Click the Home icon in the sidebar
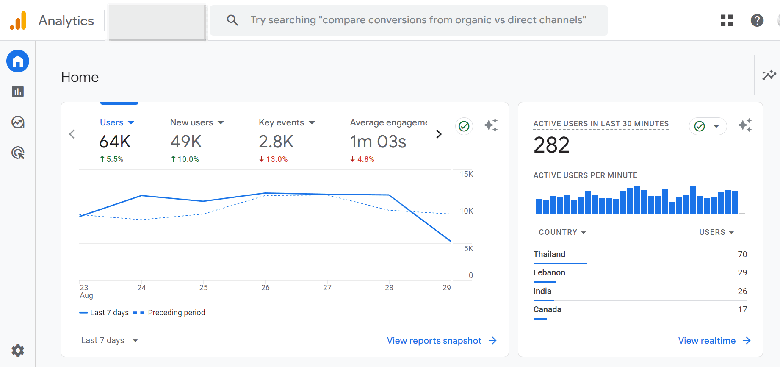[x=18, y=61]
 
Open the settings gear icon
[x=18, y=350]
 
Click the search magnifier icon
[x=232, y=20]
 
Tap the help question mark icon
[x=757, y=20]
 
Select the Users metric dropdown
[x=116, y=122]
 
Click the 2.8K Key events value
[x=276, y=142]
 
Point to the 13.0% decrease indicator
[x=274, y=159]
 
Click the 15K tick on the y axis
[x=466, y=174]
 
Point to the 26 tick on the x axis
[x=265, y=288]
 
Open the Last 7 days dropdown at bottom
[x=109, y=340]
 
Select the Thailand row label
[x=549, y=254]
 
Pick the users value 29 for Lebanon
[x=742, y=272]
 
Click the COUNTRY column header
[x=562, y=232]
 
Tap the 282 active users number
[x=551, y=145]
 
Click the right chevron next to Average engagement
[x=439, y=134]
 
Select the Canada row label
[x=547, y=309]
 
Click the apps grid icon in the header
[x=727, y=20]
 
